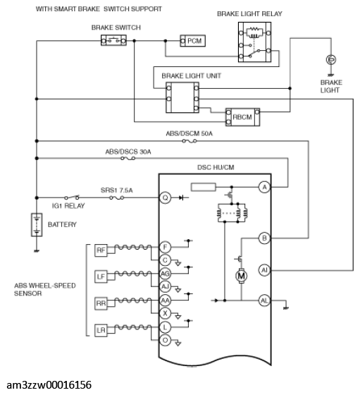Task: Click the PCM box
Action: (193, 41)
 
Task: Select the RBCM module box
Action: (242, 117)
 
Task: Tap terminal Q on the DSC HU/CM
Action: (165, 197)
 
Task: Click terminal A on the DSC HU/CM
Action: (264, 187)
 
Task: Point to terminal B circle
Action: (264, 238)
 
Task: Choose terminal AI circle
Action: (264, 270)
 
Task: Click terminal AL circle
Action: (264, 300)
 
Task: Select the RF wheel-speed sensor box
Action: (101, 250)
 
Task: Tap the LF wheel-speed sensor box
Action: (101, 276)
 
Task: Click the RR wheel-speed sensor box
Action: (101, 303)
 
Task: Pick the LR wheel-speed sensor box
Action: (101, 330)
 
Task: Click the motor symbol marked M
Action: (241, 276)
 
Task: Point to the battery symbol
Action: (37, 225)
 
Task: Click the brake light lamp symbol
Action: (331, 60)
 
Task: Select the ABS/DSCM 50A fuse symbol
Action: (190, 141)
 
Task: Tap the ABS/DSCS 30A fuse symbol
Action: (128, 159)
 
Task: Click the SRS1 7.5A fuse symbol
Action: (117, 197)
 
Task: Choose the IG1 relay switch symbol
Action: (72, 197)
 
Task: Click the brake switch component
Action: (113, 41)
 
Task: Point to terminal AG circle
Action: (165, 274)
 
